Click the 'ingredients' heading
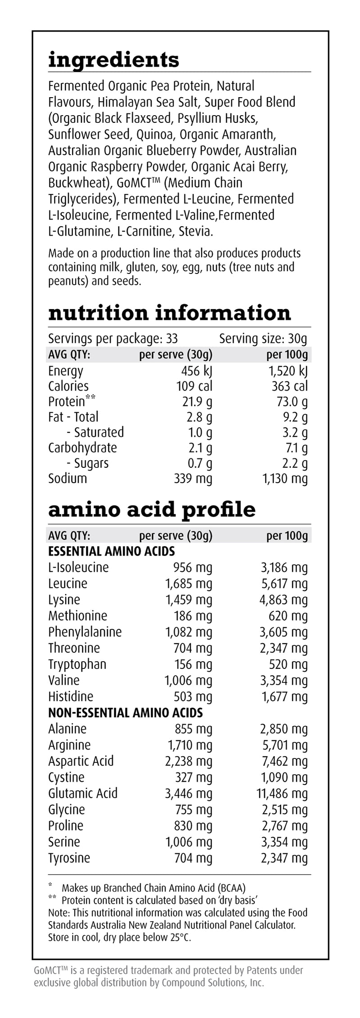tap(113, 60)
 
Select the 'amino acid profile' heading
tap(152, 509)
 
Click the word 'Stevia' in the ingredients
tap(195, 231)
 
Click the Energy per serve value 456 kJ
tap(194, 371)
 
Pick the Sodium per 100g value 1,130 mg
tap(285, 478)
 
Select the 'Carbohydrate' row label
tap(82, 448)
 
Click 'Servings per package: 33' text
tap(113, 338)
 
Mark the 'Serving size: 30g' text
tap(263, 338)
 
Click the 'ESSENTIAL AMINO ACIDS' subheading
tap(111, 551)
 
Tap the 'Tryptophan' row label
tap(77, 664)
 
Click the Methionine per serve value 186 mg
tap(193, 615)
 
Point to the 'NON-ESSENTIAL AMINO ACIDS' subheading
tap(125, 713)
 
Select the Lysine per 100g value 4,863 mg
tap(283, 600)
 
